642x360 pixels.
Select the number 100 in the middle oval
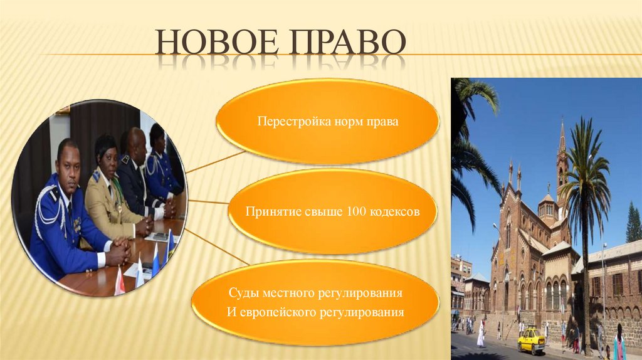tap(357, 211)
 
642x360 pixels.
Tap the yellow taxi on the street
tap(531, 340)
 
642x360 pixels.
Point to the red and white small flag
tap(120, 282)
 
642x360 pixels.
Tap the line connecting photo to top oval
tap(216, 162)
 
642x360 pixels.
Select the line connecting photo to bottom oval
tap(216, 247)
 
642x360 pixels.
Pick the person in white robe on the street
tap(481, 334)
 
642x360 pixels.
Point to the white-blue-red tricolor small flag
tap(155, 260)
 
